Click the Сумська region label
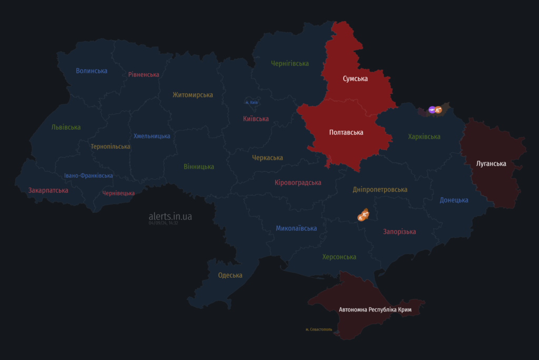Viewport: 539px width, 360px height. point(355,79)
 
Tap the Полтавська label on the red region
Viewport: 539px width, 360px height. point(346,132)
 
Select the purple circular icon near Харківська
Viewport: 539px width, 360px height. point(432,110)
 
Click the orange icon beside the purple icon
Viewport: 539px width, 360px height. point(438,110)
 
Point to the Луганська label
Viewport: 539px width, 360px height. point(491,163)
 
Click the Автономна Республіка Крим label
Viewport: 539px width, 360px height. point(375,309)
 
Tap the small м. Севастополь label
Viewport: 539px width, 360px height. point(319,329)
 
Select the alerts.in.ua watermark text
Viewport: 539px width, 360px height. point(170,216)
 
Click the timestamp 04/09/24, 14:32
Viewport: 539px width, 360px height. point(163,223)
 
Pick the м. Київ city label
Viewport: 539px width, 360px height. point(251,102)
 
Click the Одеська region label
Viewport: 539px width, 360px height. point(230,275)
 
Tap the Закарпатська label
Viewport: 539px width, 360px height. point(48,190)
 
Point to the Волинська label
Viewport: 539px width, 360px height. point(92,71)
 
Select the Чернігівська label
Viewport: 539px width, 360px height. point(290,63)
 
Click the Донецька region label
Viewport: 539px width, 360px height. point(454,200)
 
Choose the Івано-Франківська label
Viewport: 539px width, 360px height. point(88,176)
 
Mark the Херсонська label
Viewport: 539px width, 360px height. point(339,257)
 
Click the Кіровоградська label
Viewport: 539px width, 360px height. point(297,182)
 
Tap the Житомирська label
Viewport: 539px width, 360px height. point(193,95)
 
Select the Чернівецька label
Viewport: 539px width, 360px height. point(118,193)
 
